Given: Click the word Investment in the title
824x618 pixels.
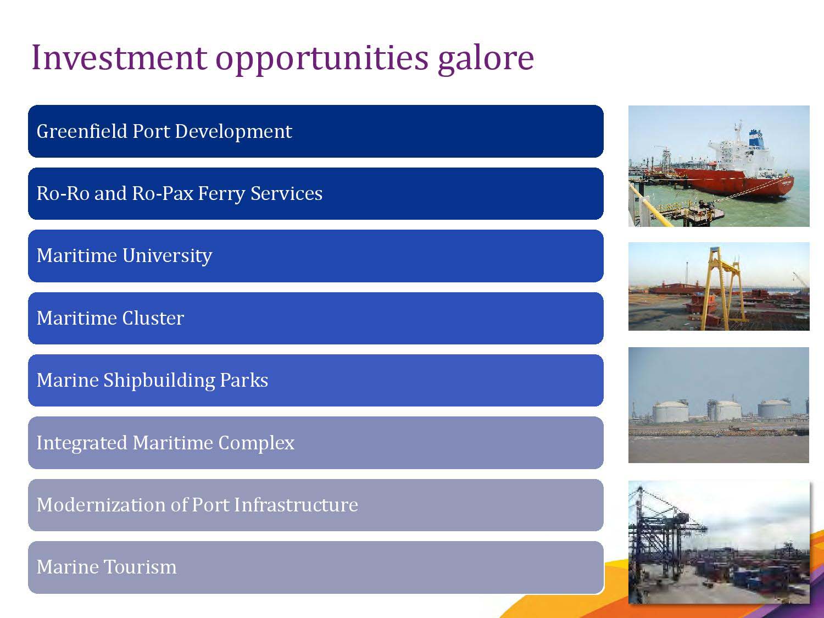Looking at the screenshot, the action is [119, 58].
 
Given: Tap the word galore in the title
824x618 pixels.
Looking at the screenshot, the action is [486, 60].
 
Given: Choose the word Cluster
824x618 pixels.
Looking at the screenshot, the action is [153, 318].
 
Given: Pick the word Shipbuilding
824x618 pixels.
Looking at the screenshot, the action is [159, 381].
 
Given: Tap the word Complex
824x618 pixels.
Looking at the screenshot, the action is [256, 443].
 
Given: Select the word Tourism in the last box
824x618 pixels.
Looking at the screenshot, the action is [140, 567].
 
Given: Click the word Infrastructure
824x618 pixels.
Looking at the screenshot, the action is [296, 505].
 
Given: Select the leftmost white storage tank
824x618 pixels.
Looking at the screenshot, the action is [671, 412].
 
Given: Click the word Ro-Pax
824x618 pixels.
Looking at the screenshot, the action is [163, 193].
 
